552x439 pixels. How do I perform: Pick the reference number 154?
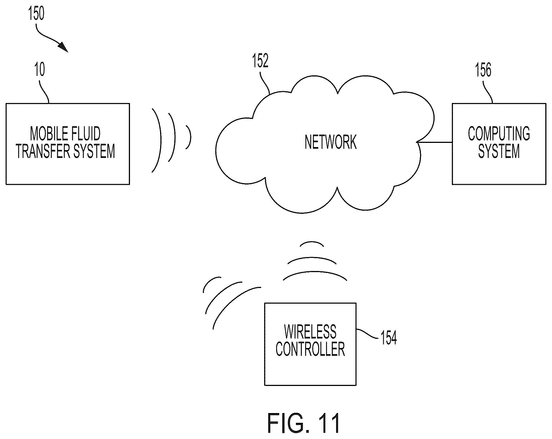(389, 338)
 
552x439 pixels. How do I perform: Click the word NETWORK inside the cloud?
(331, 142)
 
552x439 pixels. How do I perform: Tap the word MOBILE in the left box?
(46, 134)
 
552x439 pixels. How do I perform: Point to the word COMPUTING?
(499, 134)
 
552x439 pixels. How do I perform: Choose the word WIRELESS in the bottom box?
(310, 332)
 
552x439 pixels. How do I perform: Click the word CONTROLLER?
(310, 349)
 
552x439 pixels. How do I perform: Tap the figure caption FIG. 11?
(304, 423)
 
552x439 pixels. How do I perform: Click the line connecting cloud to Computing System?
(435, 142)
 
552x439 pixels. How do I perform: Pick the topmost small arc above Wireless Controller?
(312, 242)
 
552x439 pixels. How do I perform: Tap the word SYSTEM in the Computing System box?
(499, 151)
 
